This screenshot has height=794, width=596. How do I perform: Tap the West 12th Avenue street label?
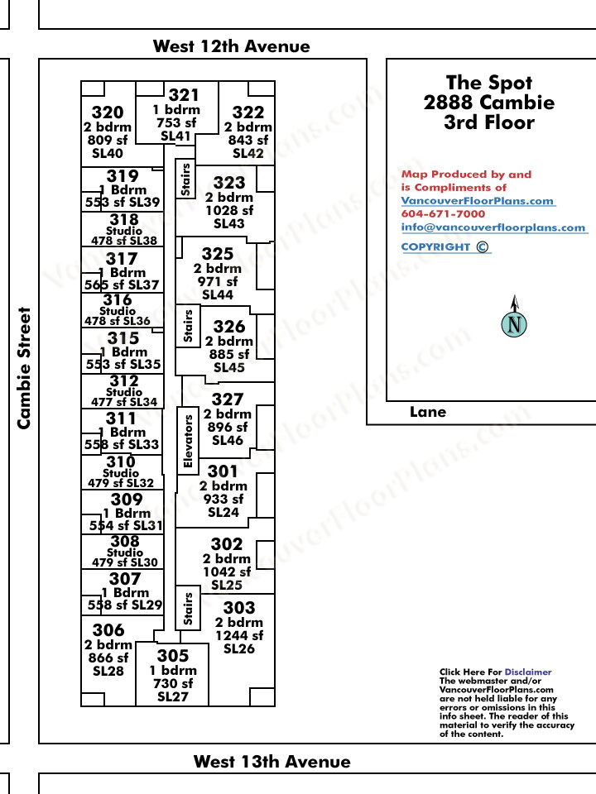(x=232, y=46)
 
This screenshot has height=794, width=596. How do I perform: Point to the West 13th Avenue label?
(x=272, y=762)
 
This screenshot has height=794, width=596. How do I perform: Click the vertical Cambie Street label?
(x=24, y=368)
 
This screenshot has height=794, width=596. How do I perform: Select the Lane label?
(x=428, y=412)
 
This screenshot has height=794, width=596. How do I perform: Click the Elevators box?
(x=188, y=441)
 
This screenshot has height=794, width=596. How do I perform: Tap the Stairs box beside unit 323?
(x=185, y=179)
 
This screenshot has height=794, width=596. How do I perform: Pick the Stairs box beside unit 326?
(x=188, y=326)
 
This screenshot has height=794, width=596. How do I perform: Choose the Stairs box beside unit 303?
(x=188, y=608)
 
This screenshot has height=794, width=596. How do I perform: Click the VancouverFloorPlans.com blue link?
(x=478, y=200)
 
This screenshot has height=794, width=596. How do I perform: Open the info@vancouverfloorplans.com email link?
(x=493, y=227)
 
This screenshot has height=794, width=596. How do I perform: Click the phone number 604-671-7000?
(x=443, y=213)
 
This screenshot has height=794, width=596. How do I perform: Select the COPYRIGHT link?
(x=445, y=247)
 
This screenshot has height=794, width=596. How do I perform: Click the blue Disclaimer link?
(x=528, y=672)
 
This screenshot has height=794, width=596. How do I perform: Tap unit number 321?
(x=184, y=94)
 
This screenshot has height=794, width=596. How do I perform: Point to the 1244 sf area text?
(x=239, y=635)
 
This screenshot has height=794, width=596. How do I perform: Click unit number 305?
(x=173, y=656)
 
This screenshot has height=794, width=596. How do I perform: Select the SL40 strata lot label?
(x=108, y=153)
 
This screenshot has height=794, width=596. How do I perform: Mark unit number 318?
(x=124, y=219)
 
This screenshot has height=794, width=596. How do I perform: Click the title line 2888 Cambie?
(x=489, y=103)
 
